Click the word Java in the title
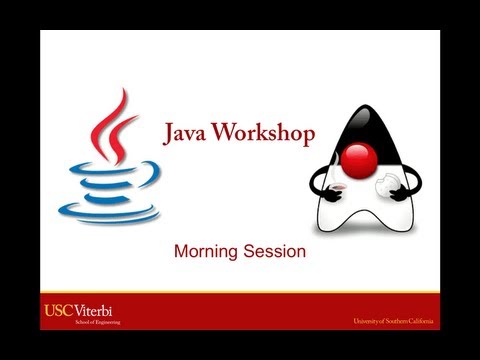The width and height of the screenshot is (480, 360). pos(188,133)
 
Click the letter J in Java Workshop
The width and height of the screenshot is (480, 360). pos(169,133)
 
